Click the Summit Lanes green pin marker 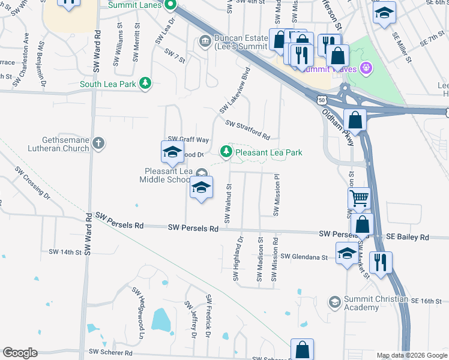pyautogui.click(x=170, y=7)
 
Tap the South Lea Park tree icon pyautogui.click(x=145, y=83)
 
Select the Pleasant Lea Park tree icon pyautogui.click(x=226, y=152)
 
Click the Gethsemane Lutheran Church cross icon pyautogui.click(x=98, y=143)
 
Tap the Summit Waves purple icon pyautogui.click(x=364, y=68)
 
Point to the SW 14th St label pyautogui.click(x=65, y=252)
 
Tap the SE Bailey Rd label pyautogui.click(x=408, y=237)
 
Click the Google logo pyautogui.click(x=20, y=353)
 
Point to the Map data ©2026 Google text pyautogui.click(x=411, y=356)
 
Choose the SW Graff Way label pyautogui.click(x=188, y=139)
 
